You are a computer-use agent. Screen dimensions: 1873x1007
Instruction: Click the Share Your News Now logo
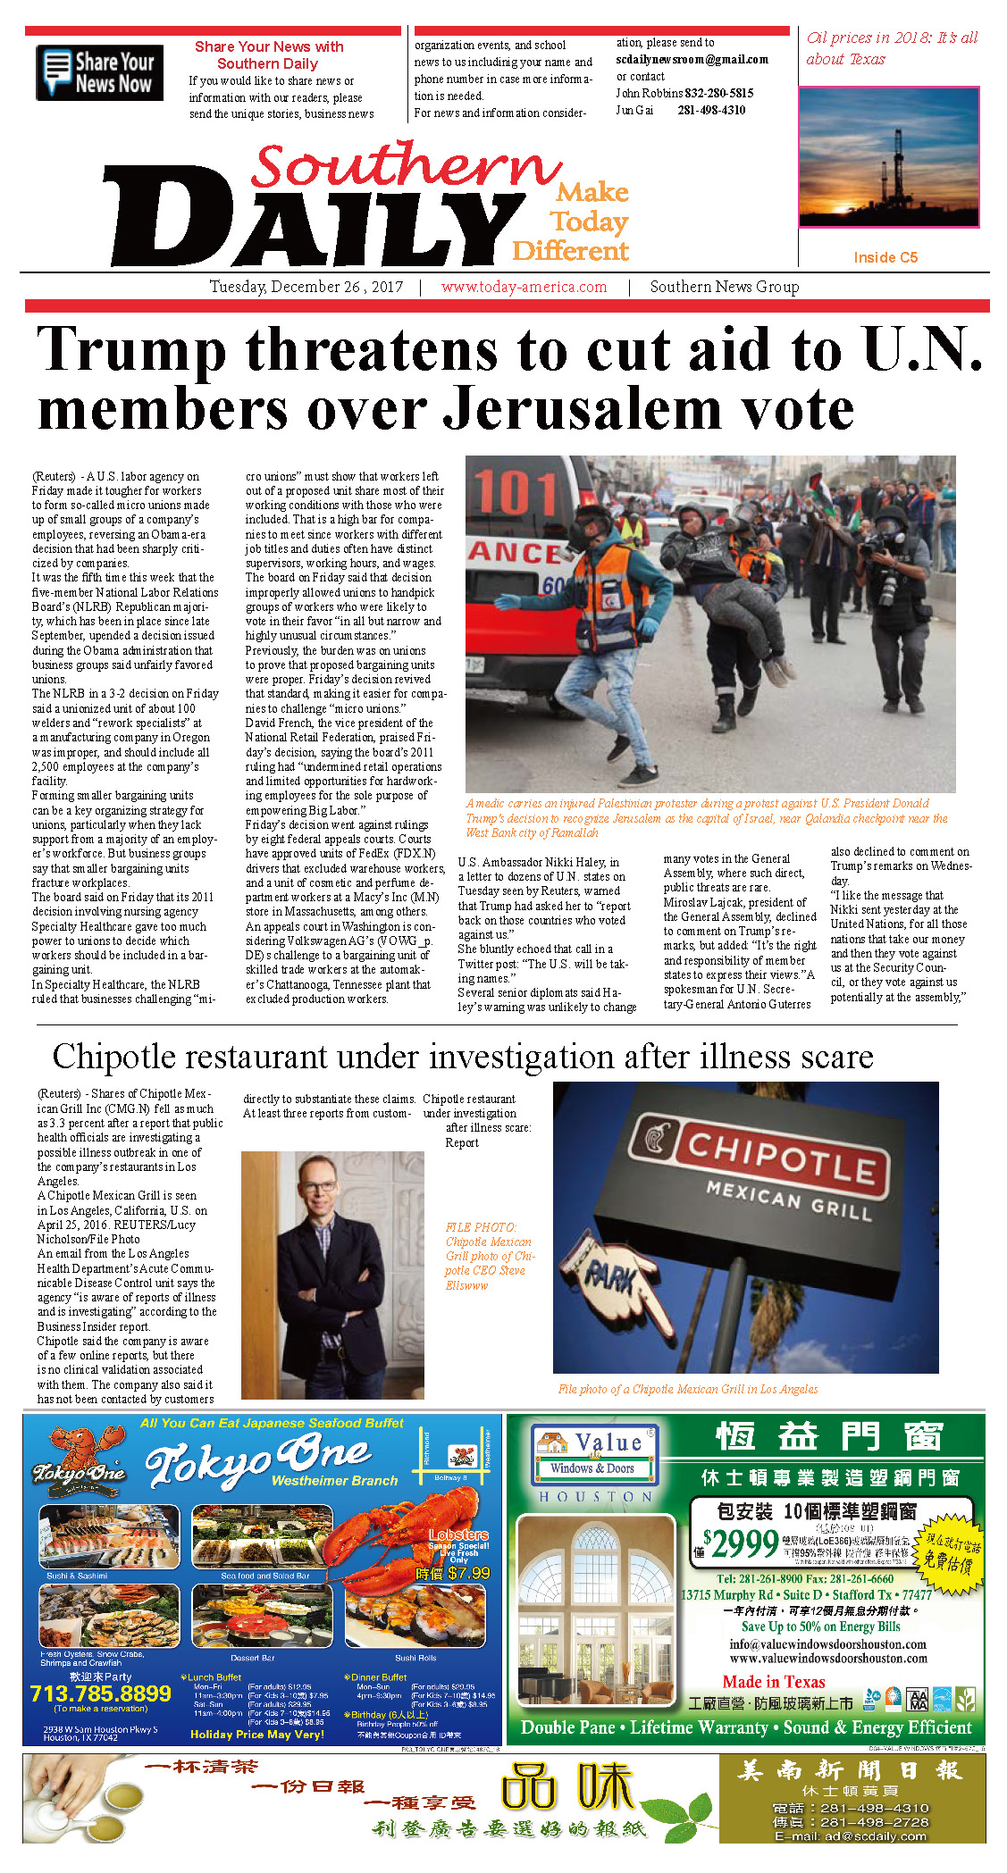click(x=99, y=72)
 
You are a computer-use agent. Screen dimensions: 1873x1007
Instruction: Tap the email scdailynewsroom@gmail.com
click(x=692, y=60)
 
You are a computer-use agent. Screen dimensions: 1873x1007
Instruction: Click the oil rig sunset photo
click(x=888, y=158)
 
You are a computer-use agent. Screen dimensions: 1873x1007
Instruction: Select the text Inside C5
click(x=885, y=257)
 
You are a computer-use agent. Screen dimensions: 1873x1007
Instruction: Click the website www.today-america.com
click(x=524, y=288)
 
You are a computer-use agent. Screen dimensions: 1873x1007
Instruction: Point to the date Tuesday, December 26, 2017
click(x=306, y=288)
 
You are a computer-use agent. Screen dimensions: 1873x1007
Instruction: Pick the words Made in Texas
click(x=773, y=1682)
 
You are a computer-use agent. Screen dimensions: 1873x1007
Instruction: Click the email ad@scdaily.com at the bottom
click(x=850, y=1836)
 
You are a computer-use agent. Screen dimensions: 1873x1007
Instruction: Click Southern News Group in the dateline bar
click(x=724, y=288)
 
